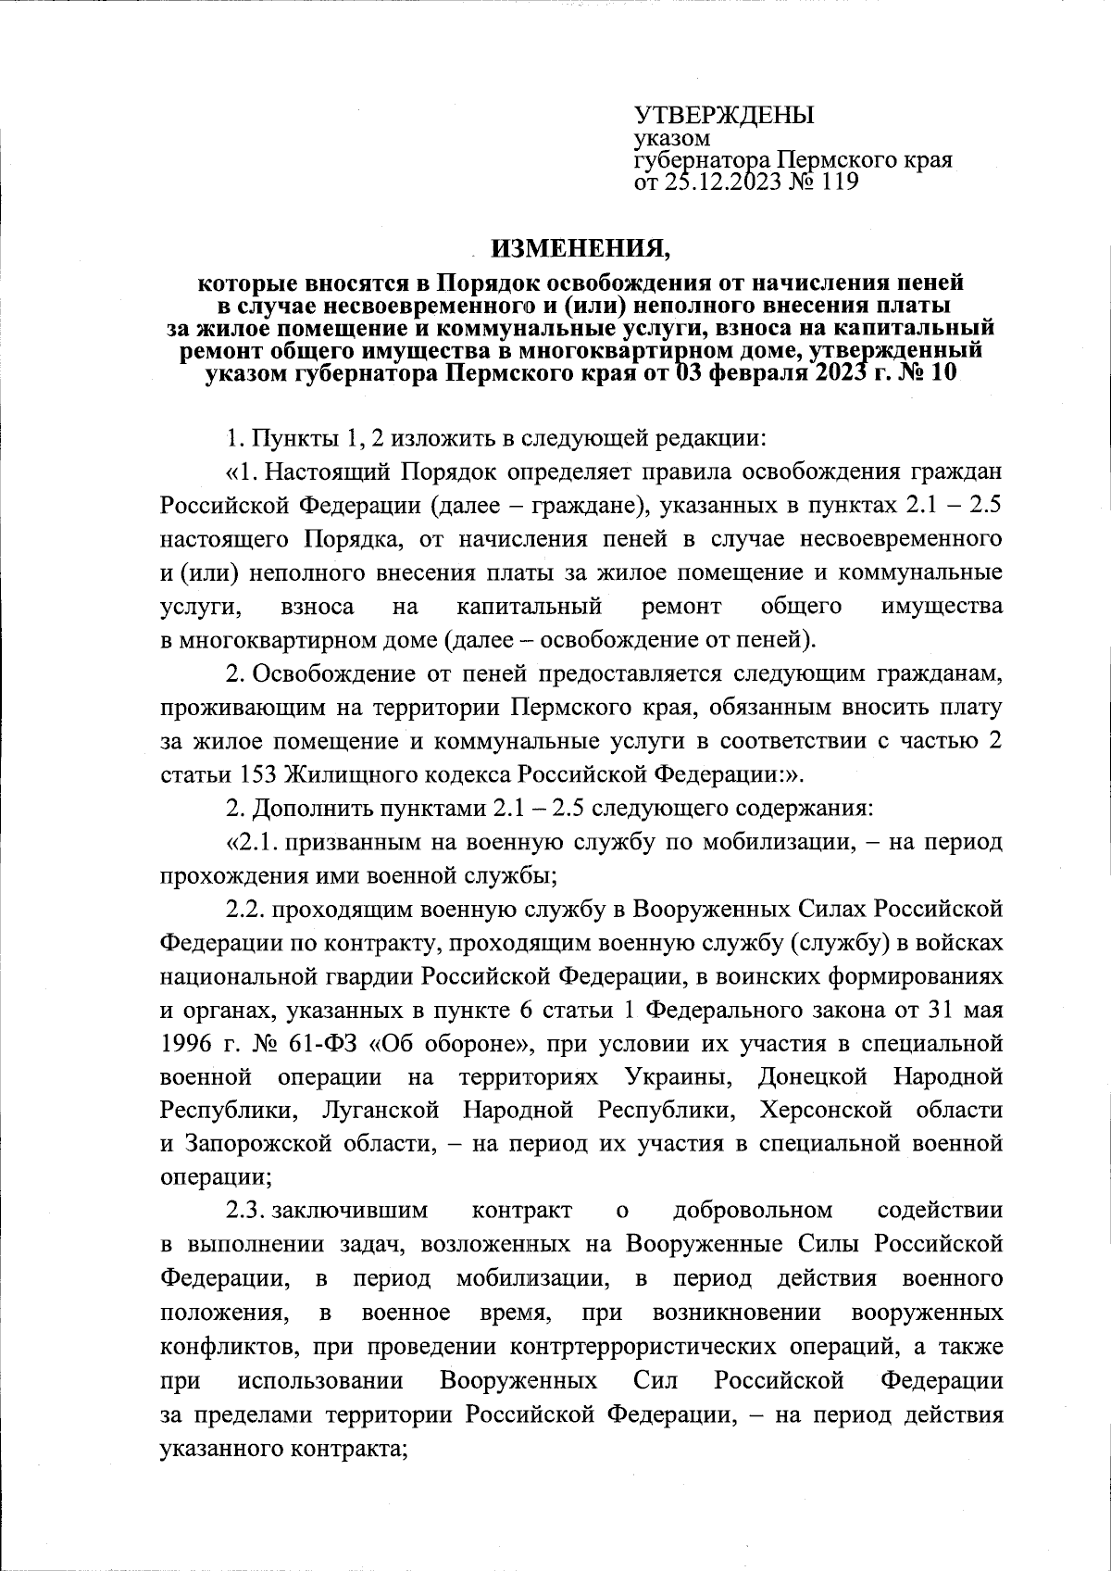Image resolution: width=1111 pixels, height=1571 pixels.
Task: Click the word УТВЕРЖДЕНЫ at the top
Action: (723, 116)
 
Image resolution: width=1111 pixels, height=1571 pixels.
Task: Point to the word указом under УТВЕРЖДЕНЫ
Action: (672, 139)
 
